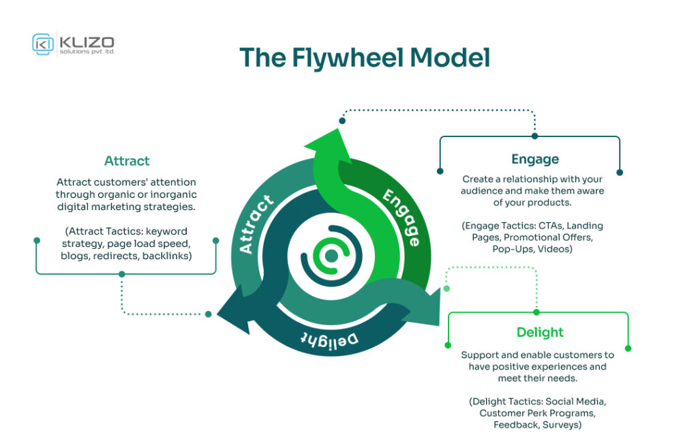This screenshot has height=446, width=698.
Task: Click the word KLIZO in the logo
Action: (x=87, y=40)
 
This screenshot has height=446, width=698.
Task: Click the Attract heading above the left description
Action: (x=127, y=161)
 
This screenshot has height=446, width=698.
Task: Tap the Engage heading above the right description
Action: (x=535, y=159)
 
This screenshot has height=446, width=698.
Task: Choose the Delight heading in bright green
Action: (x=540, y=332)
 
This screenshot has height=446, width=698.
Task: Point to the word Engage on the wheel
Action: (x=401, y=217)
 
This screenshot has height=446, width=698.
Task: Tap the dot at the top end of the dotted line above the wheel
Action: (x=342, y=121)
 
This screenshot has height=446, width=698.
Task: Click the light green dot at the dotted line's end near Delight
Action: (x=446, y=288)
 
